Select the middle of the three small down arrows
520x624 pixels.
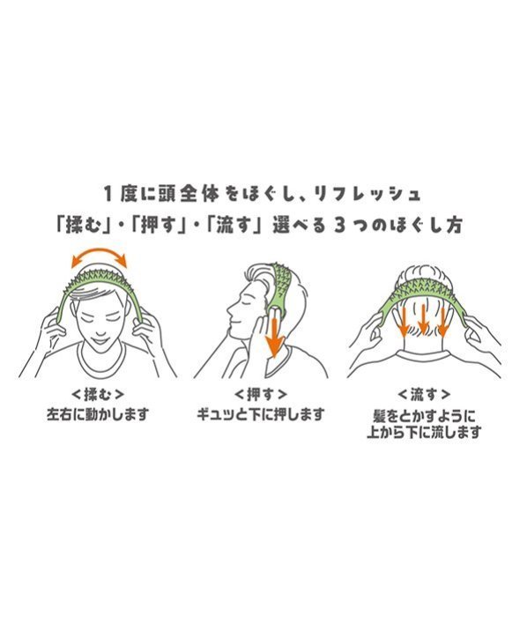pos(423,320)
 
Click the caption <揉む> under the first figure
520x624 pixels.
pos(98,395)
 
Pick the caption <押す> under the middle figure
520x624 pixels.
pos(260,395)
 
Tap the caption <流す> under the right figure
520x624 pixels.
pos(424,395)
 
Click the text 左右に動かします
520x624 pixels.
pos(98,414)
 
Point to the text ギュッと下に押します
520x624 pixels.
pos(261,414)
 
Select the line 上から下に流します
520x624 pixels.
pos(424,432)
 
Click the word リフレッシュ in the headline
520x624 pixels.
pos(367,194)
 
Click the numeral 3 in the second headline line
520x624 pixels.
pos(339,226)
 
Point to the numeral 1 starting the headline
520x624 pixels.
pos(108,194)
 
